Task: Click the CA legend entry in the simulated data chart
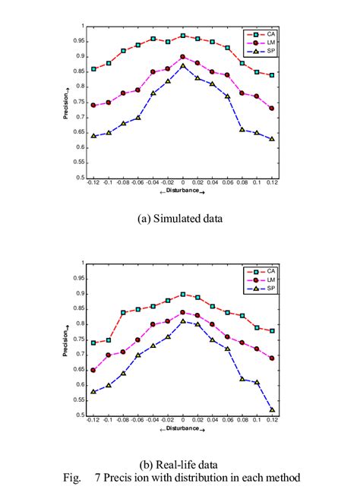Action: click(262, 33)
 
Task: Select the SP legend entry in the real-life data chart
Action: click(262, 289)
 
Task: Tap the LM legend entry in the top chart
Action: click(262, 43)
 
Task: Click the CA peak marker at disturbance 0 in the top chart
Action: click(183, 36)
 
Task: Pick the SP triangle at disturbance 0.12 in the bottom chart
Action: click(272, 409)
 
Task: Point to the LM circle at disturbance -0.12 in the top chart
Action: click(93, 106)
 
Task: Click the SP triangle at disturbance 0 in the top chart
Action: click(183, 66)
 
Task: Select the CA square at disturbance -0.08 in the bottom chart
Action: click(123, 312)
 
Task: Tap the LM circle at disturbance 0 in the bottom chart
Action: click(183, 312)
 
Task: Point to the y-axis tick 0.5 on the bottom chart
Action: click(80, 415)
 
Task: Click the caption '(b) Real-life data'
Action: click(181, 465)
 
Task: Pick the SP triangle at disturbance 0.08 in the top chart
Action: click(242, 130)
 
